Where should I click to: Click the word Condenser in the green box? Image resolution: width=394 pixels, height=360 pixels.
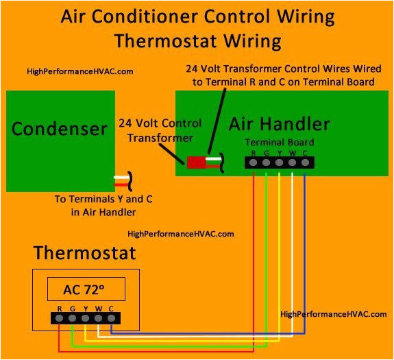coord(60,128)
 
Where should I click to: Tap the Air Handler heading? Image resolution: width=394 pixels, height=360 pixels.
coord(279,124)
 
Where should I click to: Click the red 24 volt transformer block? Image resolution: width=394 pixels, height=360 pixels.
coord(197,163)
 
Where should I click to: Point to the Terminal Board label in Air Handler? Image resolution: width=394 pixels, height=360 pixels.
coord(279,142)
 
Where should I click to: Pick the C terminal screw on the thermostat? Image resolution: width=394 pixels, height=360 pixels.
coord(111,318)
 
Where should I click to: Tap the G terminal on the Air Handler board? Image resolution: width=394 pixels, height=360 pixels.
coord(267,163)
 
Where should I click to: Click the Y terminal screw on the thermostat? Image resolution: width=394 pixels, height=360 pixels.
coord(85,318)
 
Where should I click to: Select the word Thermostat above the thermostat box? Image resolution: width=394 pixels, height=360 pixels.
coord(84,253)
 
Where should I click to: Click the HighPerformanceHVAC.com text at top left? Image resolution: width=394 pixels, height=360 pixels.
coord(79,71)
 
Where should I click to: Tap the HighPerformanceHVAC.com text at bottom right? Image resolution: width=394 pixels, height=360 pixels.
coord(334,313)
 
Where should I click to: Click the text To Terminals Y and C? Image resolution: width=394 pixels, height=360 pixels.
coord(103,200)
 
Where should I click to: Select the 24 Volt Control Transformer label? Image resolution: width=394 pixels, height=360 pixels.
coord(160,131)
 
